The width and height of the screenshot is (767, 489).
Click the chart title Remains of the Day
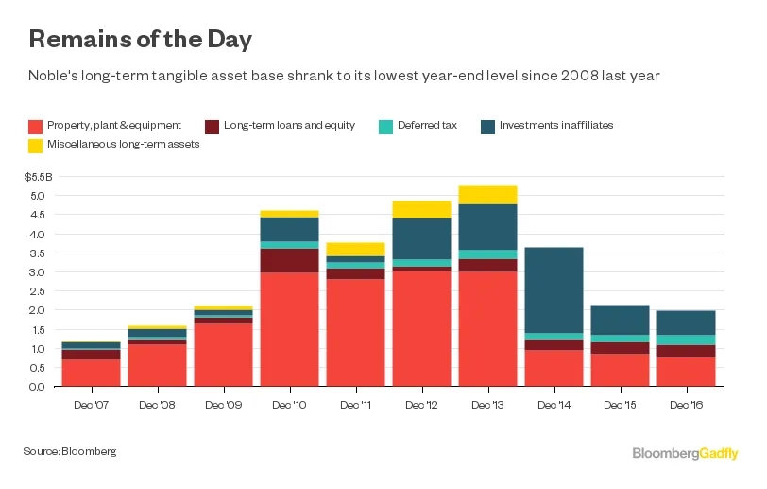coord(141,40)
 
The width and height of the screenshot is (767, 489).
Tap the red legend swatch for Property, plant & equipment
coord(36,126)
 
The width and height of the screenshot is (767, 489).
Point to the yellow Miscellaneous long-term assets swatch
coord(36,145)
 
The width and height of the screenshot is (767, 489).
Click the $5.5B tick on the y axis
coord(38,177)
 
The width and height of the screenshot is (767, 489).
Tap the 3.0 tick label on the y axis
coord(38,272)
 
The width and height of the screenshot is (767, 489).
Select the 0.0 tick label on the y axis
coord(38,387)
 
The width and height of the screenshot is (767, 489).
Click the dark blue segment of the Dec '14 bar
coord(554,289)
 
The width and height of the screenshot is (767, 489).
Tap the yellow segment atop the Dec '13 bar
coord(488,195)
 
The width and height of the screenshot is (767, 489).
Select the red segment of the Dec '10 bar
coord(290,329)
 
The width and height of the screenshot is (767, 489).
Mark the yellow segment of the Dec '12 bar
coord(422,209)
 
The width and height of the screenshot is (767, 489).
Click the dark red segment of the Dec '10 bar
coord(290,260)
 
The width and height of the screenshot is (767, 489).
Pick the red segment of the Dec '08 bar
coord(158,365)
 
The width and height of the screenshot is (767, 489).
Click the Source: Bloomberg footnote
coord(70,452)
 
